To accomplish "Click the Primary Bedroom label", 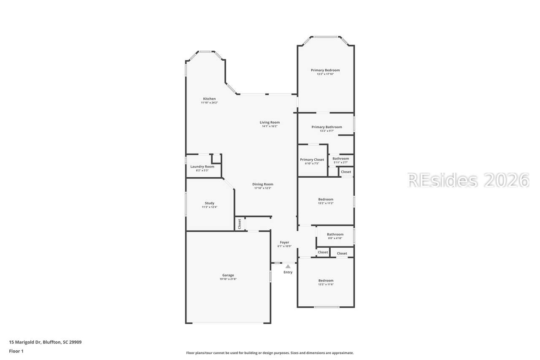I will (325, 70).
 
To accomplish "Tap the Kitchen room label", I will (209, 99).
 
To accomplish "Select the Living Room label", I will (270, 122).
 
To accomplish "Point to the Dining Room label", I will (263, 184).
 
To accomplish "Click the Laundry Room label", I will (202, 167).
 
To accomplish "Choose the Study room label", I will (210, 203).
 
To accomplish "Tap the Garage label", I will (228, 275).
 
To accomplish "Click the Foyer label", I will (285, 242).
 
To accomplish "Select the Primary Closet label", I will (312, 160).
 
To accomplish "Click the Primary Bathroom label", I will (327, 127).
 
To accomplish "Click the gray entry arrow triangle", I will (288, 266).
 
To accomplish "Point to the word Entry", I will (288, 272).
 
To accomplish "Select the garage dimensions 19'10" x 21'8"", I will (228, 279).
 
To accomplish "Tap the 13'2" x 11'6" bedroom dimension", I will (326, 284).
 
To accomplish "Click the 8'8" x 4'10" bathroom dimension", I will (335, 238).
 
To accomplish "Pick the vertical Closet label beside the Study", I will (240, 223).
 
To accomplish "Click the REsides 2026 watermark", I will (468, 180).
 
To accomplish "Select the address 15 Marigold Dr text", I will (45, 342).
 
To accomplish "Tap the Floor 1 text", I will (16, 351).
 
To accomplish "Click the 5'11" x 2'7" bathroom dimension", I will (341, 162).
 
